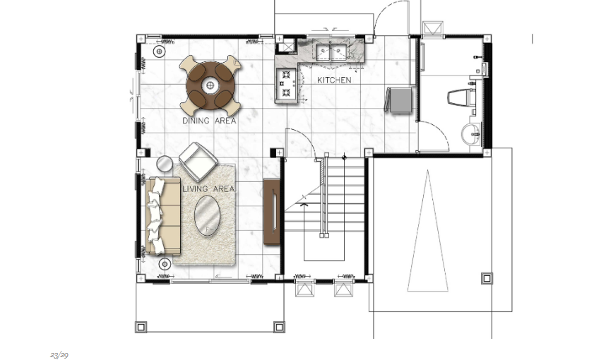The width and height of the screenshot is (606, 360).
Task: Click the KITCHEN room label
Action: tap(334, 80)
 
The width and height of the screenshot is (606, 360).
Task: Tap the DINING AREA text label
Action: tap(209, 121)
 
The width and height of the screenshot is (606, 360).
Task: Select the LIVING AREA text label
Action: tap(208, 189)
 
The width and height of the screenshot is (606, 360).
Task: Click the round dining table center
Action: tap(210, 85)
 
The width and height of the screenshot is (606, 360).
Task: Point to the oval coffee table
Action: tap(207, 215)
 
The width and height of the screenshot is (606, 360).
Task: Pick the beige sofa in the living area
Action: tap(162, 216)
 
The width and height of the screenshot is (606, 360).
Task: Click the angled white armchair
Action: tap(198, 162)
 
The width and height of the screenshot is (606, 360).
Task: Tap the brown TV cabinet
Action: tap(272, 211)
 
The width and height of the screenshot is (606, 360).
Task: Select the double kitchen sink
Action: tap(331, 52)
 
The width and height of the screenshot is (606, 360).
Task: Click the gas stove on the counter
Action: tap(286, 84)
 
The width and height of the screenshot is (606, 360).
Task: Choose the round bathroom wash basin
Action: tap(470, 133)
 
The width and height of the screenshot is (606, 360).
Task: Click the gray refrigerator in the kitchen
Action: tap(400, 100)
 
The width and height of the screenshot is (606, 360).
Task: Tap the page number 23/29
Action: tap(59, 355)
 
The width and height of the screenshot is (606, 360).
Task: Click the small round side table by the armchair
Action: tap(165, 164)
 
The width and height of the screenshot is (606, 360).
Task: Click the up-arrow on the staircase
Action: tap(304, 200)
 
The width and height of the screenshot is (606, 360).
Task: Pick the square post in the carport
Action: tap(487, 278)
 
